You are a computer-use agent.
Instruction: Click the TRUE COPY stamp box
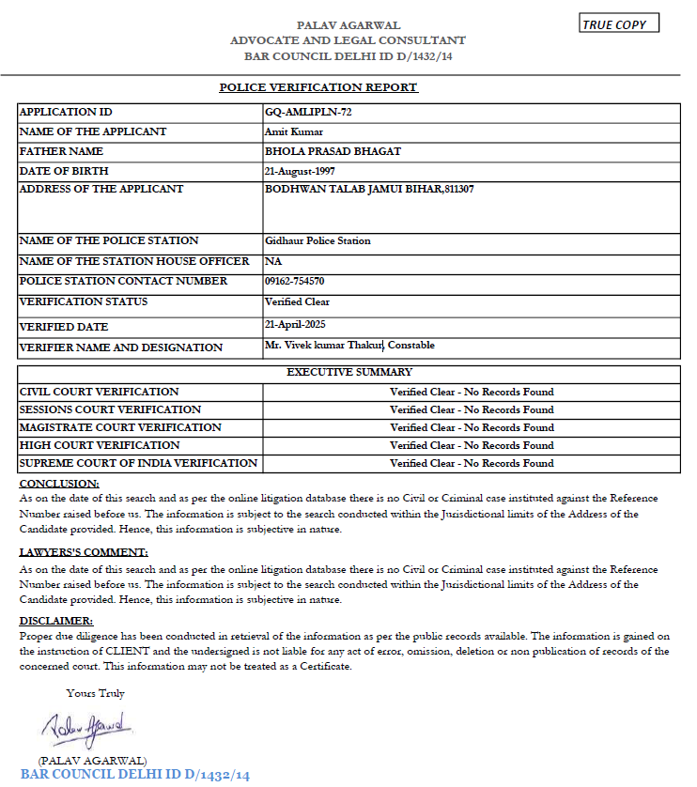click(x=619, y=23)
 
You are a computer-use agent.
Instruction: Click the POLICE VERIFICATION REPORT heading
click(x=318, y=87)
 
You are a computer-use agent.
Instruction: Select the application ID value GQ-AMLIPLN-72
click(x=308, y=112)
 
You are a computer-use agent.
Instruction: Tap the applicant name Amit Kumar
click(x=294, y=131)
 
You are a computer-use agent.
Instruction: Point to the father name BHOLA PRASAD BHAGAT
click(x=333, y=151)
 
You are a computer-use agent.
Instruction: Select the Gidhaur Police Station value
click(x=318, y=241)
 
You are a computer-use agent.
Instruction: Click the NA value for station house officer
click(x=273, y=261)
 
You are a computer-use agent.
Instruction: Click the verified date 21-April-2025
click(x=302, y=324)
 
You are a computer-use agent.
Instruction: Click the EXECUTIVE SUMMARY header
click(x=349, y=373)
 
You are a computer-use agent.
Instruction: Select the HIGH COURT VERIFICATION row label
click(x=99, y=445)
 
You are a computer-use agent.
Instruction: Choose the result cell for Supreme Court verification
click(x=472, y=463)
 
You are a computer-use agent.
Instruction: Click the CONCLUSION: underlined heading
click(x=58, y=483)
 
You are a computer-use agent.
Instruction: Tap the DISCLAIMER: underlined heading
click(x=56, y=621)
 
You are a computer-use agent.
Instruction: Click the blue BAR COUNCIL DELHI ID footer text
click(x=135, y=775)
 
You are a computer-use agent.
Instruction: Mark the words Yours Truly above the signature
click(x=95, y=693)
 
